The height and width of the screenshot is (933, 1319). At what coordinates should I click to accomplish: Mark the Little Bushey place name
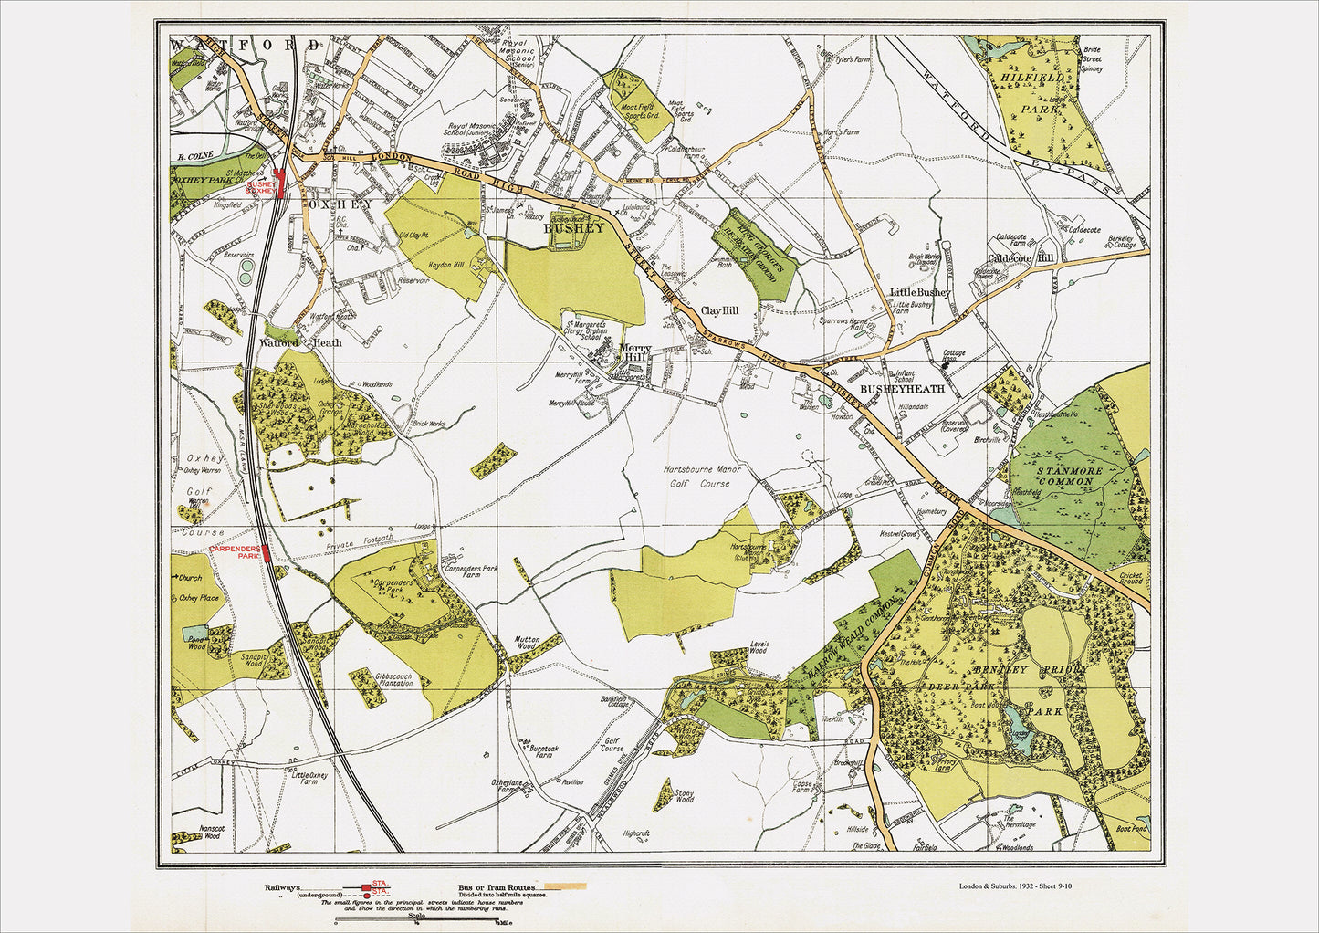pos(919,292)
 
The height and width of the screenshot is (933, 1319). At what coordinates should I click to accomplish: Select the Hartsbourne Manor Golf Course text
pos(703,477)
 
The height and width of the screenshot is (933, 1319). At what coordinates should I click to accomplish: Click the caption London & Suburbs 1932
pos(1021,886)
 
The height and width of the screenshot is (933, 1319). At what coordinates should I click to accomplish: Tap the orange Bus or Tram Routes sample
pos(563,886)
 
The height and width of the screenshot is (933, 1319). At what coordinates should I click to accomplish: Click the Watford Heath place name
pos(293,343)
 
